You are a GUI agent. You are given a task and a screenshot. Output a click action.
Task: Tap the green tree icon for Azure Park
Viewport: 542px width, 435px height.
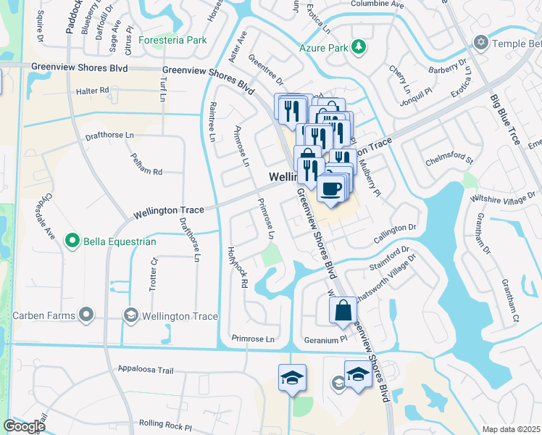click(x=359, y=48)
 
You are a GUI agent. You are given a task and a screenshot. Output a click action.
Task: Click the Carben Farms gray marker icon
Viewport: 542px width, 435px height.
click(x=87, y=315)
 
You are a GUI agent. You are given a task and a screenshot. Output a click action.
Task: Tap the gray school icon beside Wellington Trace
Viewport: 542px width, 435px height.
click(x=130, y=315)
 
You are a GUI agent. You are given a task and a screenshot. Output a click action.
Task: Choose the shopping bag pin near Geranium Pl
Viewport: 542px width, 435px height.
click(x=343, y=310)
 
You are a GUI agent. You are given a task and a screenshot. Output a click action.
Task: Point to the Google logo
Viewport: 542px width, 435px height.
click(x=24, y=426)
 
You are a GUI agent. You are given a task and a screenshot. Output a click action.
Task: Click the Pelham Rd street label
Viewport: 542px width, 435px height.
click(x=146, y=172)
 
